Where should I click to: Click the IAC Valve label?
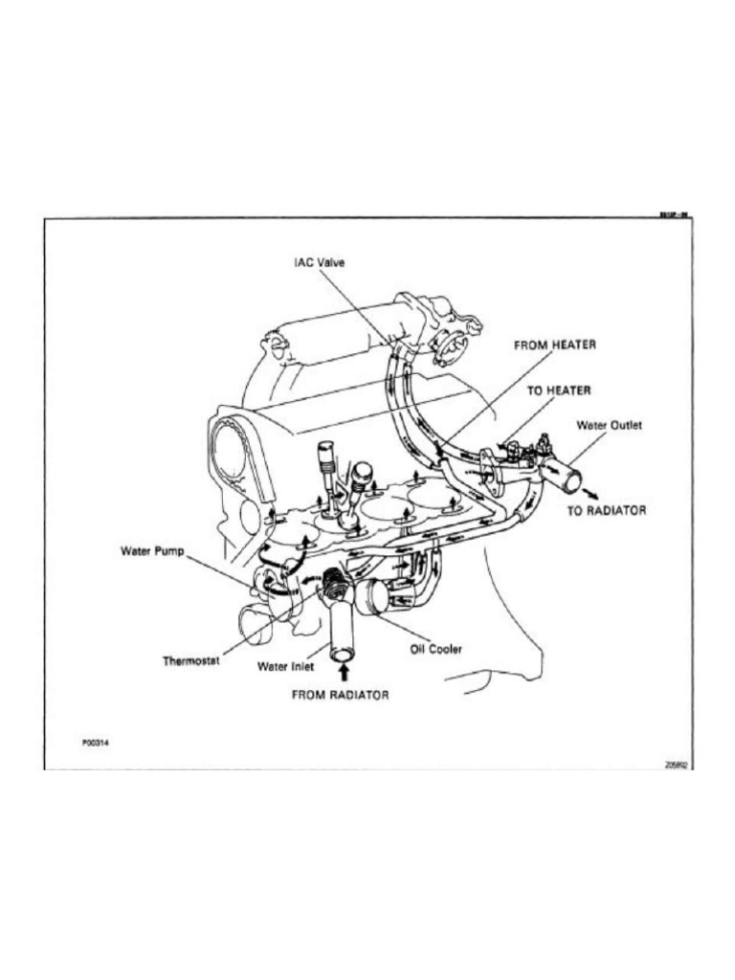[320, 261]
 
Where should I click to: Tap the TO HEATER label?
[560, 390]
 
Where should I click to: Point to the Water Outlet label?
[609, 424]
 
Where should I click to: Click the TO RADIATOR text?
[607, 511]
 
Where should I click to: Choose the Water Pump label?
[151, 551]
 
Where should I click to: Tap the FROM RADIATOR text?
[341, 695]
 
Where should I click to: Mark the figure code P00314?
[97, 742]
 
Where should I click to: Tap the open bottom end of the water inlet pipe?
[343, 654]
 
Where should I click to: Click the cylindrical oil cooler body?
[370, 595]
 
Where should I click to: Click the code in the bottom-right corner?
[677, 765]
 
